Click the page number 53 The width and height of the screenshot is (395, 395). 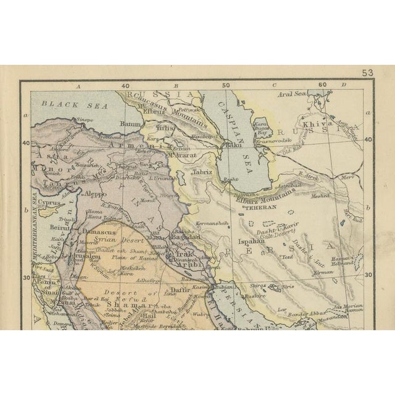368,73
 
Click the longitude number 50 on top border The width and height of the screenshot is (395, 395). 226,86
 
